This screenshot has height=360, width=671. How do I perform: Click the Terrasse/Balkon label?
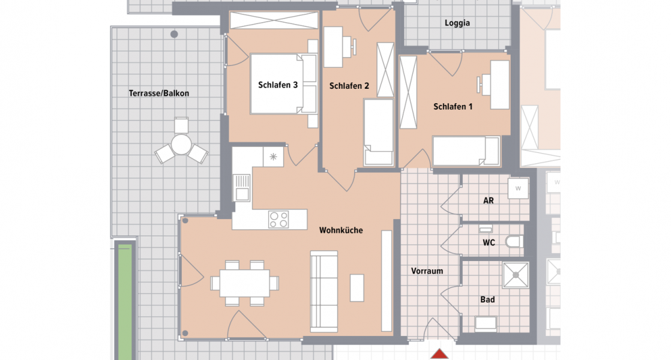click(x=159, y=94)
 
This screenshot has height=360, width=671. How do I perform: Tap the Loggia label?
click(x=457, y=23)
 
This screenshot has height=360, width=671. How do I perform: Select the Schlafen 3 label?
click(x=278, y=85)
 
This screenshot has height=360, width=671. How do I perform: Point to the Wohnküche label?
click(x=341, y=230)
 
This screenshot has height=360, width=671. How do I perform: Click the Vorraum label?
click(x=427, y=271)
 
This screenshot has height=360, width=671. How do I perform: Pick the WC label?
click(x=489, y=243)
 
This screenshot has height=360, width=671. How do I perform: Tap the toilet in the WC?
click(x=514, y=242)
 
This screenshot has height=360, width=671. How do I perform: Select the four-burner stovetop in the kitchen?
click(x=278, y=219)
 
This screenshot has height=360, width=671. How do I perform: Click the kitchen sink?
click(x=242, y=187)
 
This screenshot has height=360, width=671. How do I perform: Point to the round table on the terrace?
click(x=181, y=145)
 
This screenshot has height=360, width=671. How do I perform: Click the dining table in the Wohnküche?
click(x=244, y=283)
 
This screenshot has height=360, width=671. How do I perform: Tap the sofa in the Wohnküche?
click(x=324, y=292)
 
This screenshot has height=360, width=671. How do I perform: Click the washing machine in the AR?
click(x=517, y=188)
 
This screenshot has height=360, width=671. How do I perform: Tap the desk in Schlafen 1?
click(x=499, y=85)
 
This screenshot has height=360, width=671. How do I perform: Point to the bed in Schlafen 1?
click(x=466, y=151)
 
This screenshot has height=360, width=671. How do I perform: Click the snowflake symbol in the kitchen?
click(x=274, y=157)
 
